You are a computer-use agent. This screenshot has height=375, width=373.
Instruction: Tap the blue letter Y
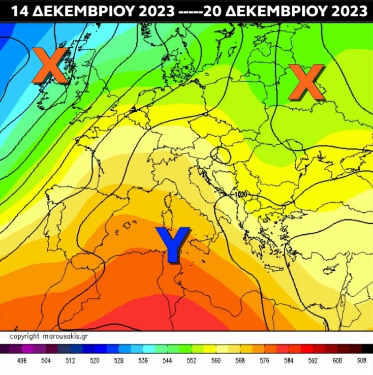173,244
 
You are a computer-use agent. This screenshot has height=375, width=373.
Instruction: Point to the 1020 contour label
240,194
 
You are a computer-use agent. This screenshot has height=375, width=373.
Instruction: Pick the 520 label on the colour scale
94,361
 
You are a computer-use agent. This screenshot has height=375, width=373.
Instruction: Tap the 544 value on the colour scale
167,361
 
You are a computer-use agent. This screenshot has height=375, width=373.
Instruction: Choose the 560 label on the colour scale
215,361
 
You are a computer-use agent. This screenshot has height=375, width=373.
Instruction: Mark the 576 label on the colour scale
264,361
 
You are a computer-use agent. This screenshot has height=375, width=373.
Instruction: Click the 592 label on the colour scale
313,361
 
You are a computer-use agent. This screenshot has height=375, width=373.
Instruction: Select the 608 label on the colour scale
361,361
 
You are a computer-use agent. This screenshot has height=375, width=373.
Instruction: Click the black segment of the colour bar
366,349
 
